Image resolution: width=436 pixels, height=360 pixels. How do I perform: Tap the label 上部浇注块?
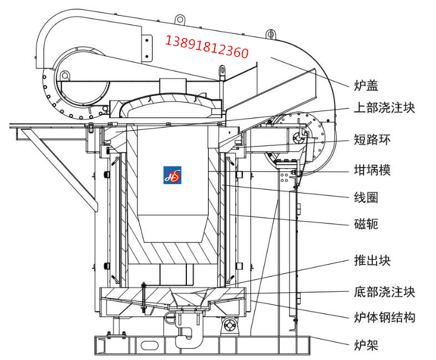tap(384, 108)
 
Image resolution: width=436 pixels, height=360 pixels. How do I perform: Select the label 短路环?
tap(372, 139)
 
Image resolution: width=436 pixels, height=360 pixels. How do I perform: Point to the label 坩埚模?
tap(372, 169)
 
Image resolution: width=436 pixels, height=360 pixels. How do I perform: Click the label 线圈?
tap(366, 197)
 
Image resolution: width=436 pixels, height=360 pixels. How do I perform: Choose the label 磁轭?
tap(366, 224)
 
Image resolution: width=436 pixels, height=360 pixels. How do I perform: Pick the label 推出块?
tap(372, 260)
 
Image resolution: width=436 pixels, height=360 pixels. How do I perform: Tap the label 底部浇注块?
tap(384, 291)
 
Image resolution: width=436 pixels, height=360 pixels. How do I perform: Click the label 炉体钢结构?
tap(384, 317)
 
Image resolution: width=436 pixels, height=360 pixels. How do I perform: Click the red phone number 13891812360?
tap(207, 47)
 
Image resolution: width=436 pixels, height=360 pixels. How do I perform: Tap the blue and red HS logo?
tap(173, 175)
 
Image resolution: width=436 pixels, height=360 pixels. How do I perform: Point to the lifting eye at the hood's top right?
tap(270, 33)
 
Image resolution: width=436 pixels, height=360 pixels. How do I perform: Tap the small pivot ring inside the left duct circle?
tap(65, 75)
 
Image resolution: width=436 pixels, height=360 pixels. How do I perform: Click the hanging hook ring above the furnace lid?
tap(222, 72)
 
